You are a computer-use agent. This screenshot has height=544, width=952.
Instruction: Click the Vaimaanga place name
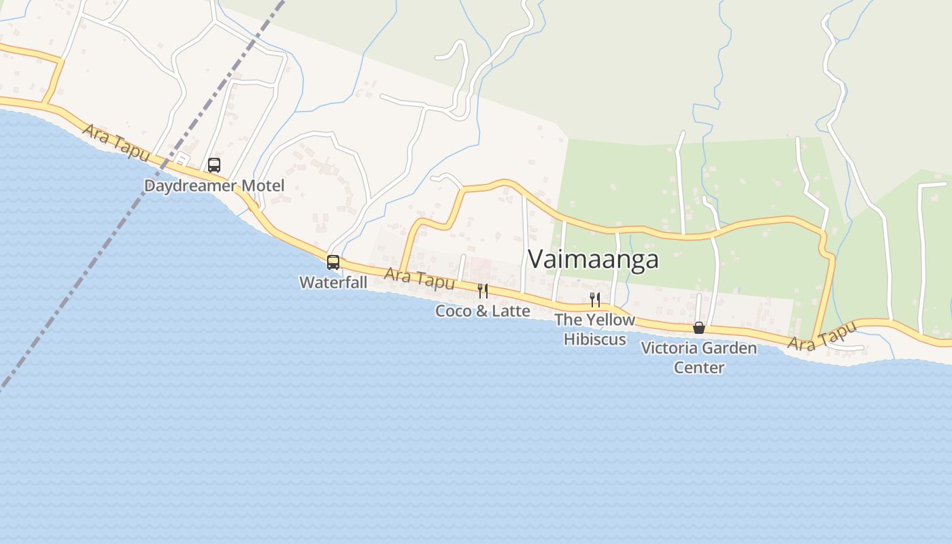[x=593, y=259]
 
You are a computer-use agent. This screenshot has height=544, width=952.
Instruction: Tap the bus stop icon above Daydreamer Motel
[x=214, y=165]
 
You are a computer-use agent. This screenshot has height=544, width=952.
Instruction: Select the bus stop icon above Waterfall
[x=333, y=262]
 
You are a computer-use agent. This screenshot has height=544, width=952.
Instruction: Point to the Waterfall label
[x=333, y=282]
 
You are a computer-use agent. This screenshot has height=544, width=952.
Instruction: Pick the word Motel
[x=262, y=186]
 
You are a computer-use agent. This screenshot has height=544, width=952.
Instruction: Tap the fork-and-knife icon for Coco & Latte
[x=483, y=291]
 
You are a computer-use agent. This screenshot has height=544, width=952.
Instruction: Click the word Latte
[x=510, y=311]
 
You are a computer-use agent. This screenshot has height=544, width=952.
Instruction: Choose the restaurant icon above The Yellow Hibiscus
[x=595, y=299]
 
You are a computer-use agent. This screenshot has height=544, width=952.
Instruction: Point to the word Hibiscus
[x=595, y=339]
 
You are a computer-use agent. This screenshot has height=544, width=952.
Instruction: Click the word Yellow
[x=610, y=320]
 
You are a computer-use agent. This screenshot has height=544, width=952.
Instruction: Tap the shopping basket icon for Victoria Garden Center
[x=698, y=328]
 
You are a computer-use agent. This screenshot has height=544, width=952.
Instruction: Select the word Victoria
[x=668, y=348]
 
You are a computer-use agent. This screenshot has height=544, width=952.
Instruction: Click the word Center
[x=699, y=367]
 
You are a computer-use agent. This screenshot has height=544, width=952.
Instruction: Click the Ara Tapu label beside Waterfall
[x=419, y=278]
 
